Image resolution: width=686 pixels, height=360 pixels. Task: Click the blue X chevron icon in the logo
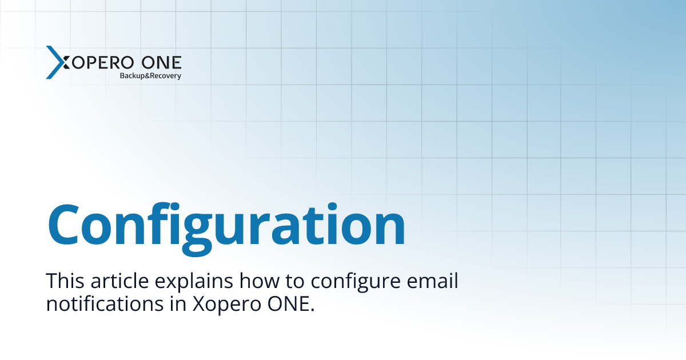(x=55, y=62)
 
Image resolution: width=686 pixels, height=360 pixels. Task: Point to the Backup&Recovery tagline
(x=150, y=76)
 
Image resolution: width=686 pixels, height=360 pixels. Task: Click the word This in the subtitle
(x=63, y=281)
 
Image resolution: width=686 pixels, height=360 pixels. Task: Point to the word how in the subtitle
(x=258, y=281)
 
